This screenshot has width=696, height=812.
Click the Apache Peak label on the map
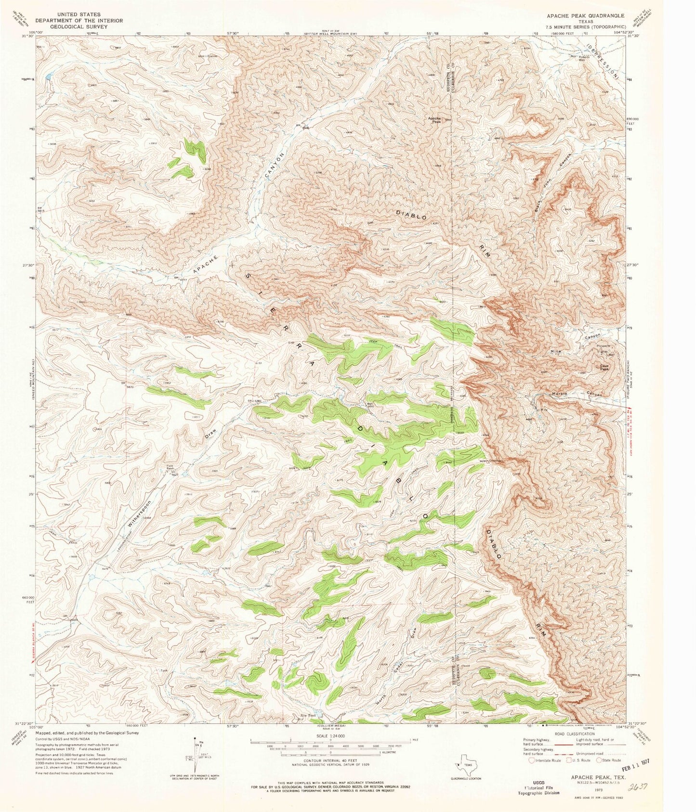coord(435,120)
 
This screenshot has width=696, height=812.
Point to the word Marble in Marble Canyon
coord(559,393)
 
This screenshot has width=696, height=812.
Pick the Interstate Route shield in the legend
coord(532,760)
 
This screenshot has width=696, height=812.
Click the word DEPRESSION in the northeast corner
coord(602,60)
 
